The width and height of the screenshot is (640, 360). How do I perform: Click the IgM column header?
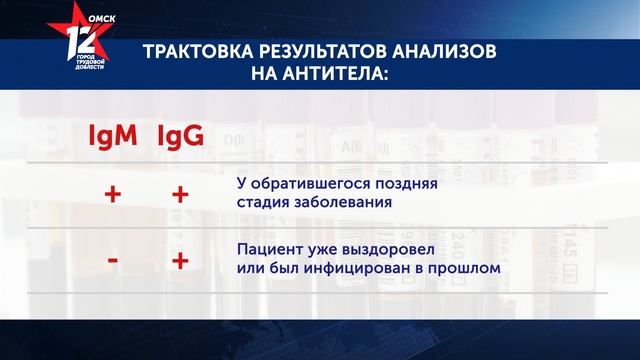coord(113,136)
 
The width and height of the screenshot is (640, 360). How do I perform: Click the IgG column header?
coord(180,136)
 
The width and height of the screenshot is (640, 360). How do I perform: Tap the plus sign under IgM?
coord(113,194)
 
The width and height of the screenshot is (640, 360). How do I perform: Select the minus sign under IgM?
coord(113,260)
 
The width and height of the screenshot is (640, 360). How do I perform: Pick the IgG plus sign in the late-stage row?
coord(180,194)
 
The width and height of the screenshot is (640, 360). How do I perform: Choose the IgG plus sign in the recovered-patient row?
coord(180,260)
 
